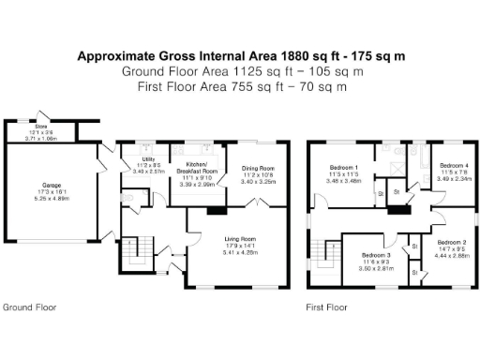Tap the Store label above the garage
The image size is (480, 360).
coord(41,125)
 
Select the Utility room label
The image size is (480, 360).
coord(148,160)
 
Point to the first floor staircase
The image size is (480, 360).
coord(329,253)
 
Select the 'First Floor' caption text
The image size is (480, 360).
coord(326,307)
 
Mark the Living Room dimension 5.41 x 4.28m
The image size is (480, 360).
coord(239,252)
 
